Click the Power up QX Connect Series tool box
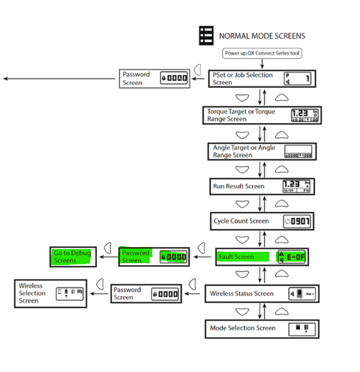262,53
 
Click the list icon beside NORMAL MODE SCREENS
206,36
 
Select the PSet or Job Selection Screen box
262,79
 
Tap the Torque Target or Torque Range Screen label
241,115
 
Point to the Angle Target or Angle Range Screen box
262,151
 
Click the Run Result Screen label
239,186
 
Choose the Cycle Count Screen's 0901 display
297,221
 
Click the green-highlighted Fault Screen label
236,257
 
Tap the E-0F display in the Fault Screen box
292,257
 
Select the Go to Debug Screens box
73,257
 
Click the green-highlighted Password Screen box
154,257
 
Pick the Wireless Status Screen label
242,294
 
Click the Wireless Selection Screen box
51,293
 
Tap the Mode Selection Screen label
243,328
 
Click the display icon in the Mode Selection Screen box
302,329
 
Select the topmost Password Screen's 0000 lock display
174,78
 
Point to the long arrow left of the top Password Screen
59,79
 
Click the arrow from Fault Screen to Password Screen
202,257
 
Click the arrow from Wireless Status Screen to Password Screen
193,294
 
